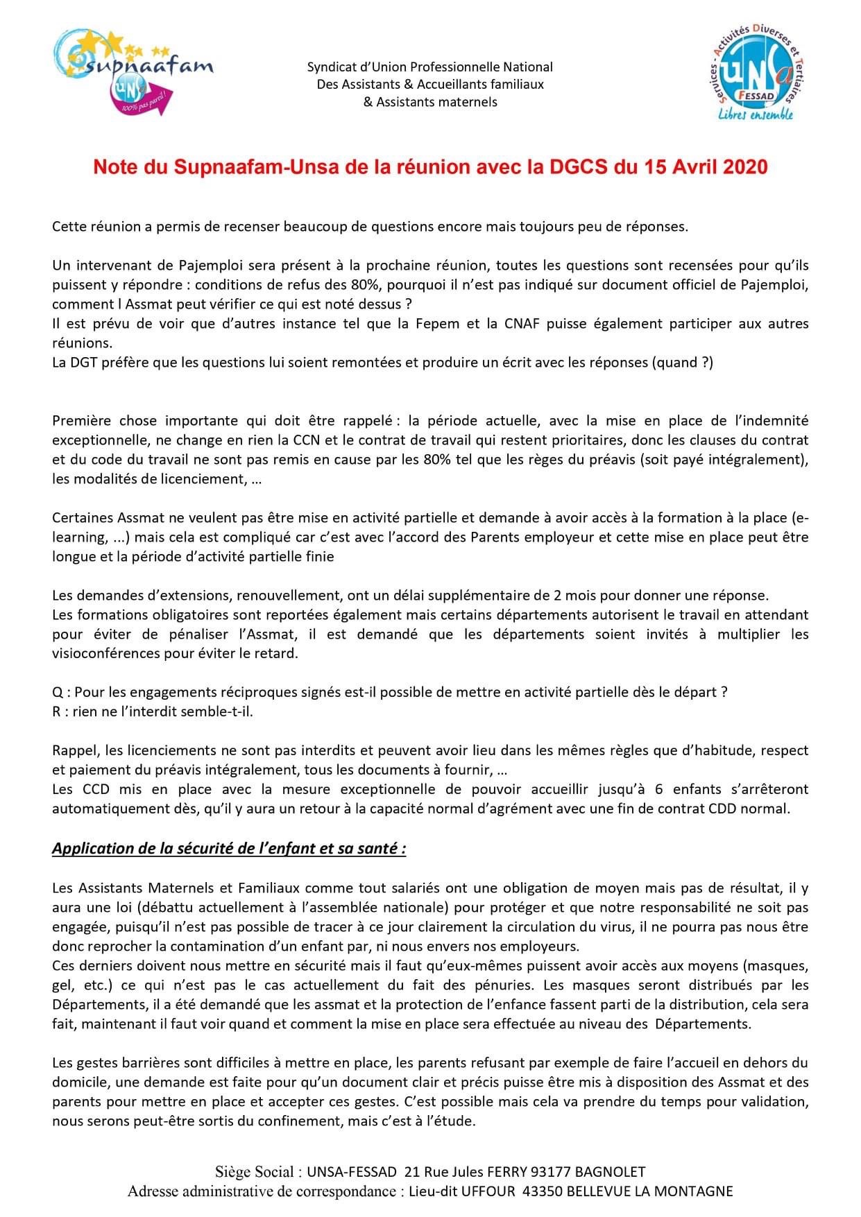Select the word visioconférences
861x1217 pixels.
coord(109,654)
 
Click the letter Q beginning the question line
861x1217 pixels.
coord(57,692)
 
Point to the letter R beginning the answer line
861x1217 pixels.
coord(56,711)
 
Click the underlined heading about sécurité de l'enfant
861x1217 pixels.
coord(229,849)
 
